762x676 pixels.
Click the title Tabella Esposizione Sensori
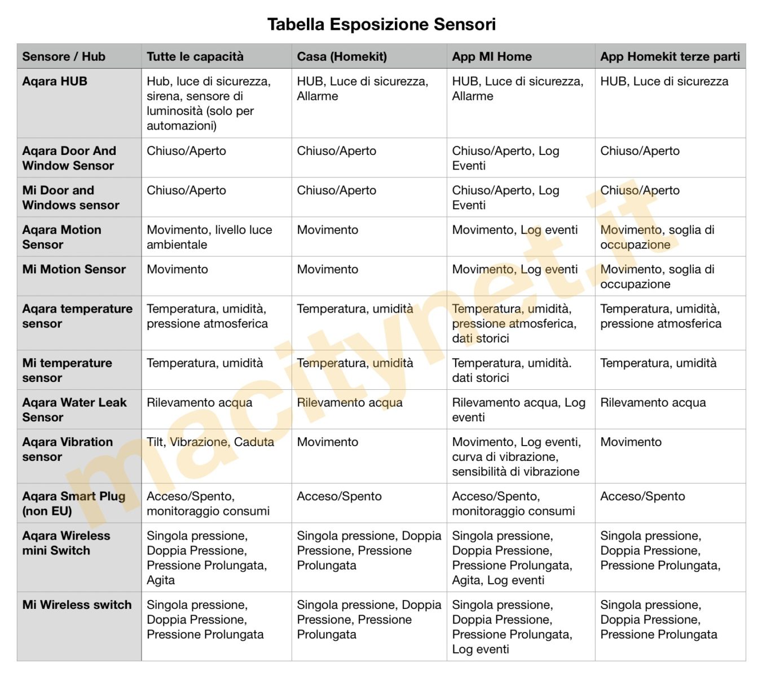point(381,25)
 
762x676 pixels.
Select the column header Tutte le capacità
point(195,56)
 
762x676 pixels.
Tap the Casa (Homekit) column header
point(342,56)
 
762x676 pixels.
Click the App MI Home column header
point(492,56)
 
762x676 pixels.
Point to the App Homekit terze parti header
point(670,56)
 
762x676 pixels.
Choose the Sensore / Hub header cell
point(64,56)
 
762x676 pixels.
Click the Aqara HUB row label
point(55,82)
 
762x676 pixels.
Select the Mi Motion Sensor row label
point(74,270)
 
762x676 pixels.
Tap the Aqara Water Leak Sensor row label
point(74,410)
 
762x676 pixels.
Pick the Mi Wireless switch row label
point(77,605)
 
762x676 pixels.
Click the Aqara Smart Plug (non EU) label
point(74,504)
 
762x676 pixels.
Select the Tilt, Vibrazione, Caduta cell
point(210,442)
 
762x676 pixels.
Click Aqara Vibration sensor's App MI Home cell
point(516,457)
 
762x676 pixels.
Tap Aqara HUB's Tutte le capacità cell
point(209,104)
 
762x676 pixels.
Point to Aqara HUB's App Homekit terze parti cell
point(664,82)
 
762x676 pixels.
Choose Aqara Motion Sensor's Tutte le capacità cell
point(209,237)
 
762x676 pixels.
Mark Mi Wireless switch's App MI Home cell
point(512,627)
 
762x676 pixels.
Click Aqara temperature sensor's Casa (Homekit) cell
point(355,309)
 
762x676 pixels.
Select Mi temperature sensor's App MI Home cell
point(512,370)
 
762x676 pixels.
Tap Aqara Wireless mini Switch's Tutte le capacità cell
point(207,558)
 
